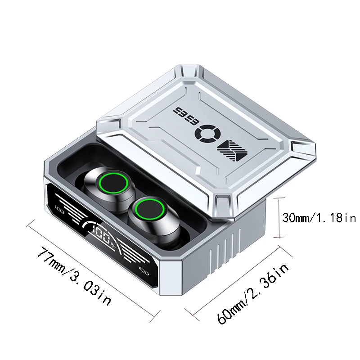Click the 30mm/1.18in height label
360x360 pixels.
319,217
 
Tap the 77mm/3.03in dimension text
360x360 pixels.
74,275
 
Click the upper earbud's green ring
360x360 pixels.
114,183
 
